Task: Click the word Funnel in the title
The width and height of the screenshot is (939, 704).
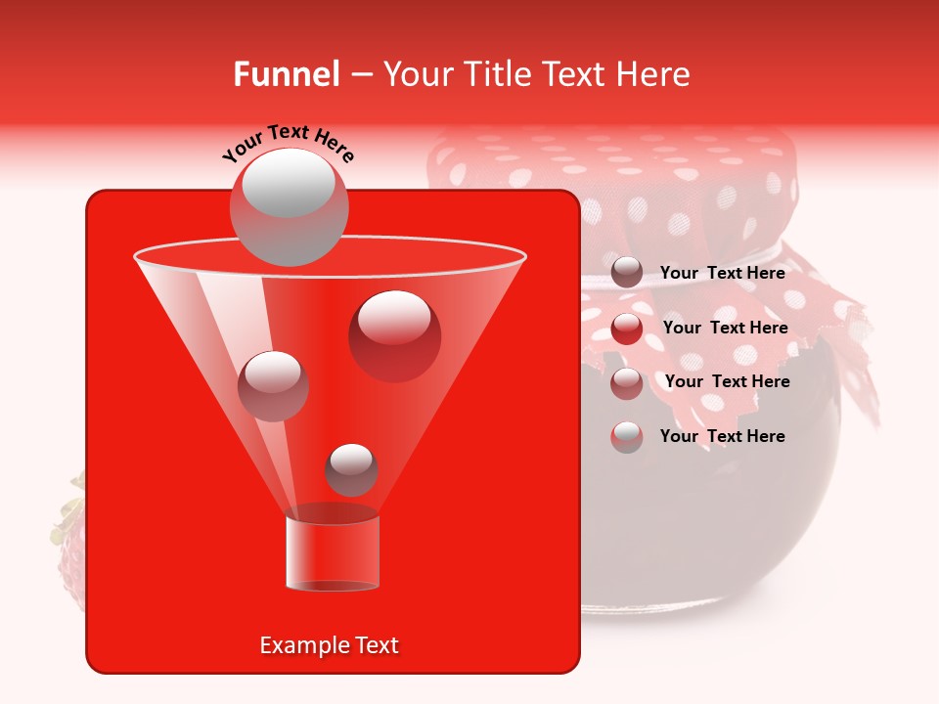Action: pyautogui.click(x=286, y=74)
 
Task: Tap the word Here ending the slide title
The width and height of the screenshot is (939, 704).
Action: pyautogui.click(x=651, y=74)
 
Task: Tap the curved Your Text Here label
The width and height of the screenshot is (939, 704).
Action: pyautogui.click(x=289, y=143)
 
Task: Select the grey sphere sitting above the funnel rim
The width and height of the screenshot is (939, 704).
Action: pyautogui.click(x=289, y=206)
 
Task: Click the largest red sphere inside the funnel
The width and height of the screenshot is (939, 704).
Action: pyautogui.click(x=395, y=335)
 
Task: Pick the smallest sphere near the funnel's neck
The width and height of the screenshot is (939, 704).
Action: pyautogui.click(x=351, y=469)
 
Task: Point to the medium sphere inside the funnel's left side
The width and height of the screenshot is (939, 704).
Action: pyautogui.click(x=274, y=385)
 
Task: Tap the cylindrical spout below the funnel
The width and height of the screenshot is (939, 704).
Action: pyautogui.click(x=333, y=552)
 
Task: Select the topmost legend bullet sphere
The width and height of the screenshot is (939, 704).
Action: pyautogui.click(x=627, y=272)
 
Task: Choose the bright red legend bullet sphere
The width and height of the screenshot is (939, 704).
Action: pyautogui.click(x=627, y=328)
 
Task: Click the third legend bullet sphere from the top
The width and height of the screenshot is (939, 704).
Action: pyautogui.click(x=627, y=382)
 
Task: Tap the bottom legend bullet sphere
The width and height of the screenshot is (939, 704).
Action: pyautogui.click(x=627, y=436)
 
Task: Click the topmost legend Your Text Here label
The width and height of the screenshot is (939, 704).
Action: pyautogui.click(x=722, y=273)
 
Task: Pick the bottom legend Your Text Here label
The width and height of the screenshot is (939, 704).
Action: pyautogui.click(x=722, y=436)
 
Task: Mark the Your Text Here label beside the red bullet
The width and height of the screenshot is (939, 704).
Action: pyautogui.click(x=725, y=328)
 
